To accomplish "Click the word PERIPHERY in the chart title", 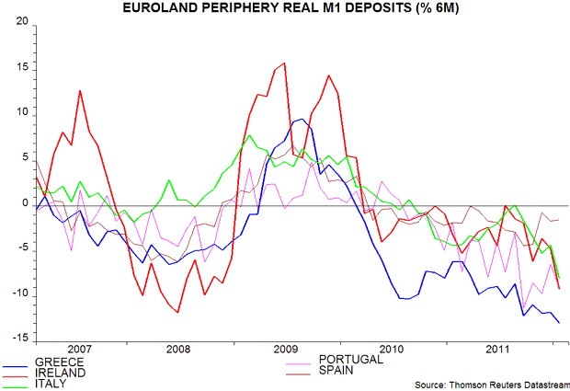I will [x=241, y=8].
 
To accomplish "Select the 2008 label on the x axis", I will [x=179, y=350].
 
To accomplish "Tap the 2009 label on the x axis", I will [x=286, y=350].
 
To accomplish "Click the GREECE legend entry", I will [x=58, y=362].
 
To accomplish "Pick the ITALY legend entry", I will [x=51, y=384].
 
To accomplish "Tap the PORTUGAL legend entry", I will [x=350, y=359].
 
